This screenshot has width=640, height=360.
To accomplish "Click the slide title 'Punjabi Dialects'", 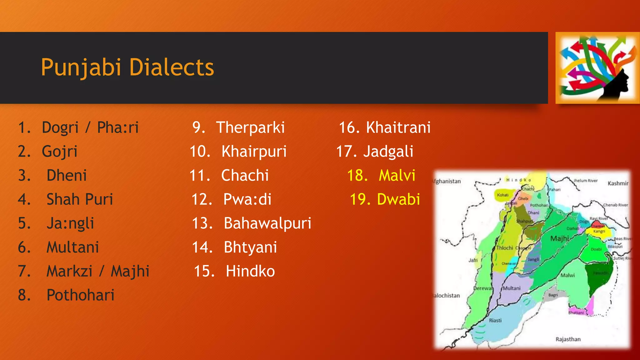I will pos(127,67).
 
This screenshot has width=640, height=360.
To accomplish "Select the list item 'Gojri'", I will pos(60,152).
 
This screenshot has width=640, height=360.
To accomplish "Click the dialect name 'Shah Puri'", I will pos(80,199).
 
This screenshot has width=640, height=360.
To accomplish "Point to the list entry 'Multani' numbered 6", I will pos(73,247).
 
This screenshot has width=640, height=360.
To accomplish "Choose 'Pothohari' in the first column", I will pos(81,295).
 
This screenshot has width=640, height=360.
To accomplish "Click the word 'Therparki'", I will pos(250,127).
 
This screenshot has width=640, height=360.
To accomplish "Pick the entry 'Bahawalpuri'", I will pos(267,223).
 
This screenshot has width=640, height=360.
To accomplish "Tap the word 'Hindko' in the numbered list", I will pos(250,271).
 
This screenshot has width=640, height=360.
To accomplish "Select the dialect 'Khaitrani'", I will pos(398,127).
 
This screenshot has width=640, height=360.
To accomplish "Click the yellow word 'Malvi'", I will pos(397,175).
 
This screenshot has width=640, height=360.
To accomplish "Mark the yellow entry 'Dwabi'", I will pos(398,199).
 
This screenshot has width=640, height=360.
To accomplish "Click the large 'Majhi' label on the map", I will pos(559,238).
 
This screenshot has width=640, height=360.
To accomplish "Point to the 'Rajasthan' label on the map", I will pos(568,339).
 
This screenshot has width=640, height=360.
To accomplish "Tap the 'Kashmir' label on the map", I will pos(617,183).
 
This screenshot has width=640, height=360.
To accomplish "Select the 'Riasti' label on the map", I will pos(495,320).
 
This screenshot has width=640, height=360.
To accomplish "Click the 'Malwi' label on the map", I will pos(567,275).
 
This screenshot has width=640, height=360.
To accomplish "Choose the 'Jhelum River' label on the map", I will pos(585,181).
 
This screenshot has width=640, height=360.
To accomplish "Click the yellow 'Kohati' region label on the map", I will pos(503,195).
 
